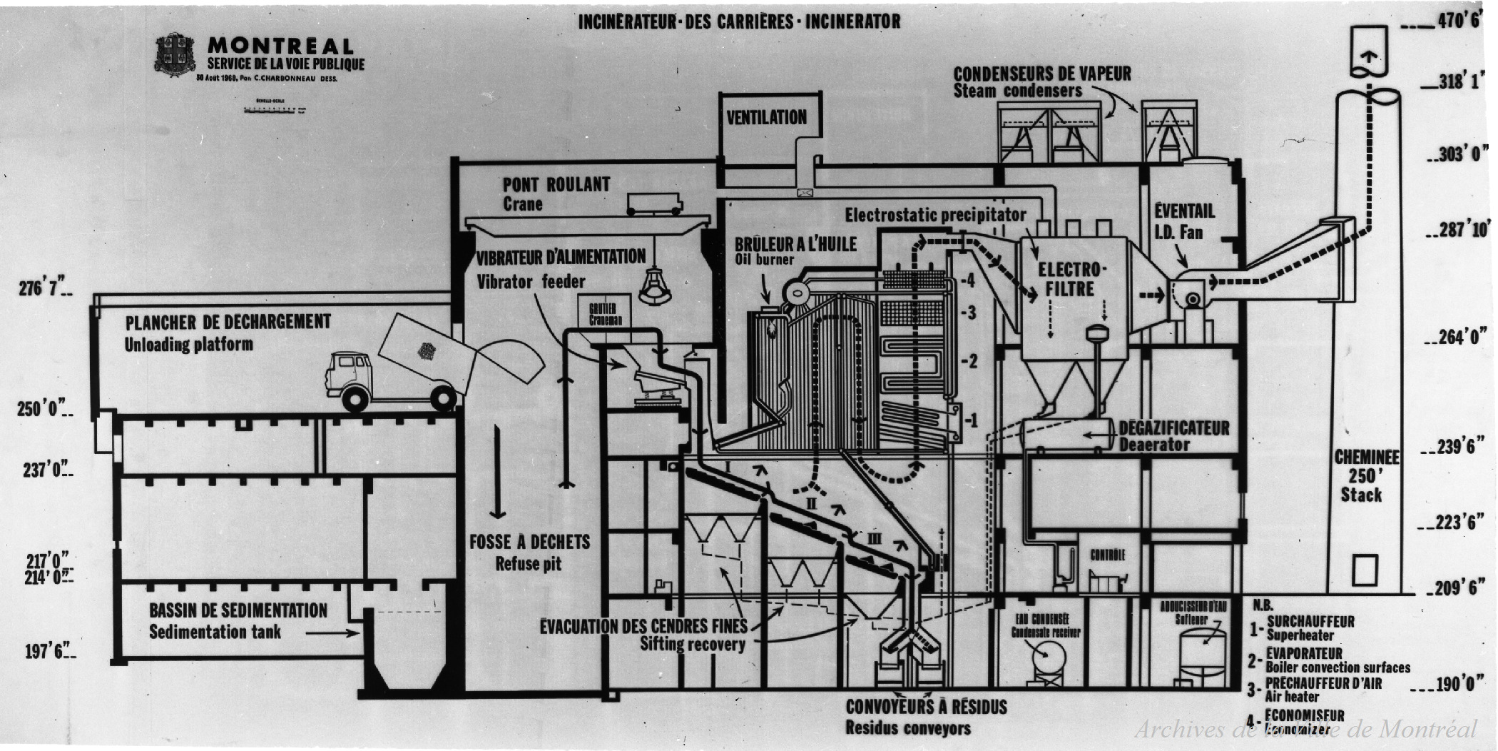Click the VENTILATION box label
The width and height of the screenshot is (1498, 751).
pyautogui.click(x=766, y=118)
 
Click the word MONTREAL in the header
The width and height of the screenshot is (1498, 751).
pyautogui.click(x=280, y=46)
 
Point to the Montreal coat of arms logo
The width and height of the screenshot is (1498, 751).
pyautogui.click(x=175, y=54)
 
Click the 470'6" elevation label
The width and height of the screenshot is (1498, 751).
pyautogui.click(x=1458, y=21)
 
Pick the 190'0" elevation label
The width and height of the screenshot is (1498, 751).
pyautogui.click(x=1455, y=684)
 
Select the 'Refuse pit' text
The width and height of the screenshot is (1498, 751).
pyautogui.click(x=529, y=564)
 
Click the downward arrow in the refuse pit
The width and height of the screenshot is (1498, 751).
pyautogui.click(x=498, y=471)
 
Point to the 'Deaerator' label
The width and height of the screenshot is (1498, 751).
pyautogui.click(x=1153, y=445)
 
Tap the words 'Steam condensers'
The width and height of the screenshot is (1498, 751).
pyautogui.click(x=1017, y=91)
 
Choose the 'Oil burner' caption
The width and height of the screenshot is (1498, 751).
pyautogui.click(x=764, y=260)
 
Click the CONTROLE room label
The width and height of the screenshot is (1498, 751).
pyautogui.click(x=1107, y=555)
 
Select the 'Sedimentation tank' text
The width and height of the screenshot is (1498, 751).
pyautogui.click(x=215, y=632)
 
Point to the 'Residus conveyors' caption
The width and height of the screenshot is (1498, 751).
pyautogui.click(x=907, y=728)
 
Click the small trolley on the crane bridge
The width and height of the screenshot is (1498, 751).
pyautogui.click(x=653, y=204)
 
